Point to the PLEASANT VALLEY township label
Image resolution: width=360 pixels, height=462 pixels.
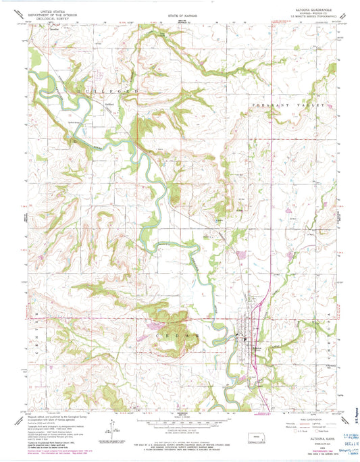coord(288,106)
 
